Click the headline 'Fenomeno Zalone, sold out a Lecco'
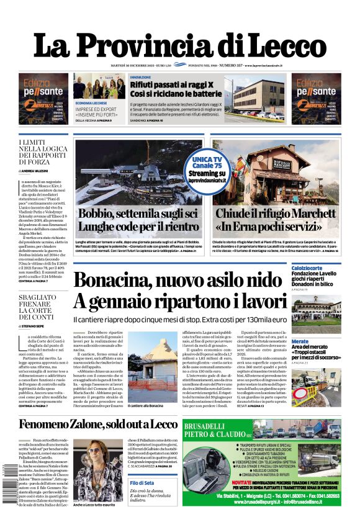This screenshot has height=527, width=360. click(97, 425)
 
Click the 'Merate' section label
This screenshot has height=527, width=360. click(300, 341)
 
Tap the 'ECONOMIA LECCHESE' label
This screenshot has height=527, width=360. click(91, 102)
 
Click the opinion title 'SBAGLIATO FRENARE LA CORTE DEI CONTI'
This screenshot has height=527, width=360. click(36, 304)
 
